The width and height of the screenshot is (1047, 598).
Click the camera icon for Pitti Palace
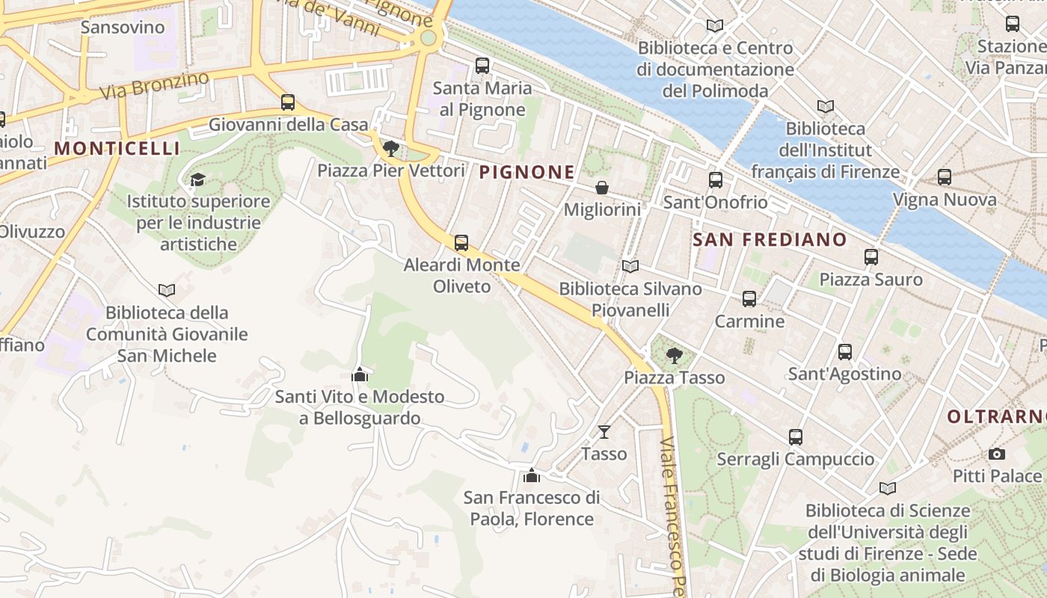pyautogui.click(x=996, y=454)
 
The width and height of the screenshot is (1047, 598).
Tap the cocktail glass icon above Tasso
pyautogui.click(x=604, y=431)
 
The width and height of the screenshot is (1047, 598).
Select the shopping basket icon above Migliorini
pyautogui.click(x=601, y=188)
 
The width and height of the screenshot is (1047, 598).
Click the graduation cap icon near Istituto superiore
pyautogui.click(x=197, y=179)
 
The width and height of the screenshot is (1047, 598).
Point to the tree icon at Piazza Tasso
pyautogui.click(x=674, y=355)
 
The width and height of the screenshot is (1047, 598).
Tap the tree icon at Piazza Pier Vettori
pyautogui.click(x=390, y=148)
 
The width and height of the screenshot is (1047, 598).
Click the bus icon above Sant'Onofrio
pyautogui.click(x=715, y=180)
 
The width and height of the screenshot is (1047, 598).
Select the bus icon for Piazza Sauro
pyautogui.click(x=871, y=257)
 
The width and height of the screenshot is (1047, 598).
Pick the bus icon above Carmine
pyautogui.click(x=749, y=299)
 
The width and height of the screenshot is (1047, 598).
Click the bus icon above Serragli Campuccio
pyautogui.click(x=795, y=437)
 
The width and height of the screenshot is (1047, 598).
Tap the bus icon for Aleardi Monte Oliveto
pyautogui.click(x=461, y=242)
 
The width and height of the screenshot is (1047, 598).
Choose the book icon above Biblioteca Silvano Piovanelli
pyautogui.click(x=630, y=266)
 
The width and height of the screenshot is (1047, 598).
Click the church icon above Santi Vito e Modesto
pyautogui.click(x=360, y=374)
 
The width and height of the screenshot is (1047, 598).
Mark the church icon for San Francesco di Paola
pyautogui.click(x=531, y=475)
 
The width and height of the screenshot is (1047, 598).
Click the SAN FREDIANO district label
pyautogui.click(x=770, y=240)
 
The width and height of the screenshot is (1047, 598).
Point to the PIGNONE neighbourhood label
pyautogui.click(x=527, y=173)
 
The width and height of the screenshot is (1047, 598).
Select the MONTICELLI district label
pyautogui.click(x=117, y=148)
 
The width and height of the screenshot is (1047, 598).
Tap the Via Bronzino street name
pyautogui.click(x=154, y=87)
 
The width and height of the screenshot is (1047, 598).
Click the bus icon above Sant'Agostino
pyautogui.click(x=845, y=351)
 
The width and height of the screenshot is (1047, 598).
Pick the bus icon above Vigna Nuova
pyautogui.click(x=944, y=177)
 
